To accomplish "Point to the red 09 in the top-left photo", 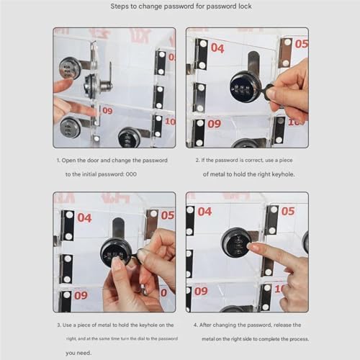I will pos(107,111).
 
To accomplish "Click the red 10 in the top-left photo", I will pos(171,121).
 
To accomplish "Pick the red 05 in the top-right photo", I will pos(301,44).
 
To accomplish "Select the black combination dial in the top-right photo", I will pos(245,86).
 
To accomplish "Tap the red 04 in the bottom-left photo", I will pos(84,217).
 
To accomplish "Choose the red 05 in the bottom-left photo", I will pos(167,215).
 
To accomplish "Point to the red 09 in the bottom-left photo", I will pos(81,294).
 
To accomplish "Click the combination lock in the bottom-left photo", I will pos(115,252).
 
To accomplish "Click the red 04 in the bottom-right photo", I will pos(205,212).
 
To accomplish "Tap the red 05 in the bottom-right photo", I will pos(288,211).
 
